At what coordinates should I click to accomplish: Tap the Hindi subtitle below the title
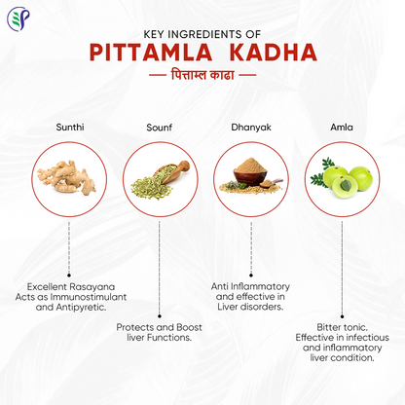[202, 74]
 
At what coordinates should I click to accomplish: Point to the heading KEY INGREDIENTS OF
[202, 30]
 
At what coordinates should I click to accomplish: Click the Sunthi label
[69, 127]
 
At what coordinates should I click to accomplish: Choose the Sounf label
[160, 127]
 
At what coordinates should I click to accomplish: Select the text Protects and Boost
[160, 327]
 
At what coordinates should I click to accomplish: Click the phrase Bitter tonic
[341, 327]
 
